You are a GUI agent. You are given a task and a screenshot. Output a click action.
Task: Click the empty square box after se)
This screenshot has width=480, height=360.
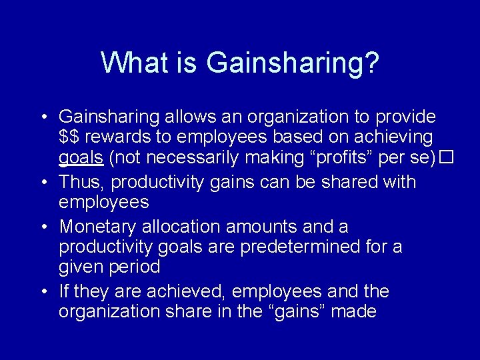(446, 159)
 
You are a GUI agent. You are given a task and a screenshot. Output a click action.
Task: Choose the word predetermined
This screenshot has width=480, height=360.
(303, 247)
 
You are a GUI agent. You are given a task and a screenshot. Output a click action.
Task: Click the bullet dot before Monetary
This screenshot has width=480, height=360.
(41, 227)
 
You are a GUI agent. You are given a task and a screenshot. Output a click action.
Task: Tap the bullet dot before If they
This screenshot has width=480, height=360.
(41, 291)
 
